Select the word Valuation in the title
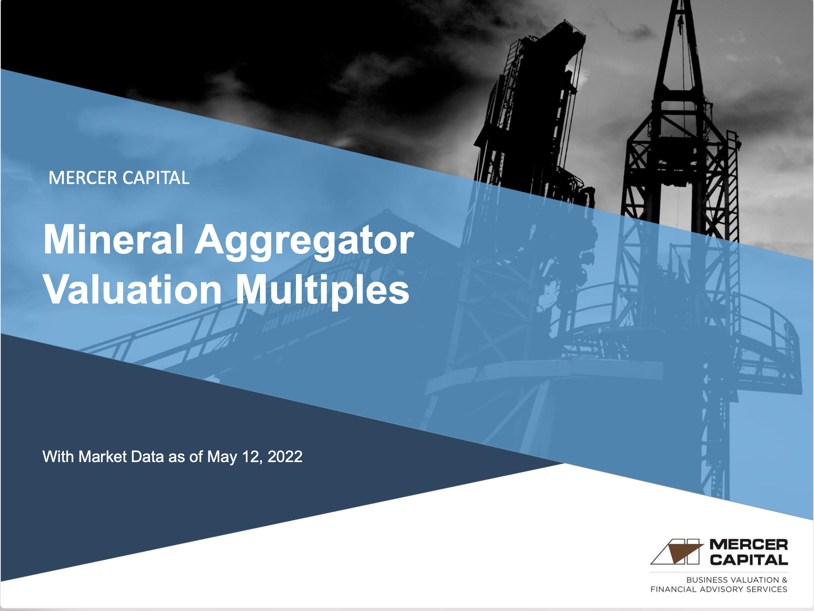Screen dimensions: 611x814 click(x=132, y=290)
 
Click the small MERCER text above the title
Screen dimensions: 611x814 click(x=83, y=178)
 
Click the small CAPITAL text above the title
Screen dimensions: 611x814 click(x=156, y=178)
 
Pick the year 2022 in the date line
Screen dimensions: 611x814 click(x=285, y=456)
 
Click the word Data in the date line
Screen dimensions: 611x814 click(x=147, y=456)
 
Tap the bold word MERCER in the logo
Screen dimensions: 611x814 click(x=749, y=544)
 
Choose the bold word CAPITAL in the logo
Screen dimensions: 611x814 click(x=749, y=560)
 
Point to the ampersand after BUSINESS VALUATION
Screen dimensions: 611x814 click(x=784, y=580)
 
